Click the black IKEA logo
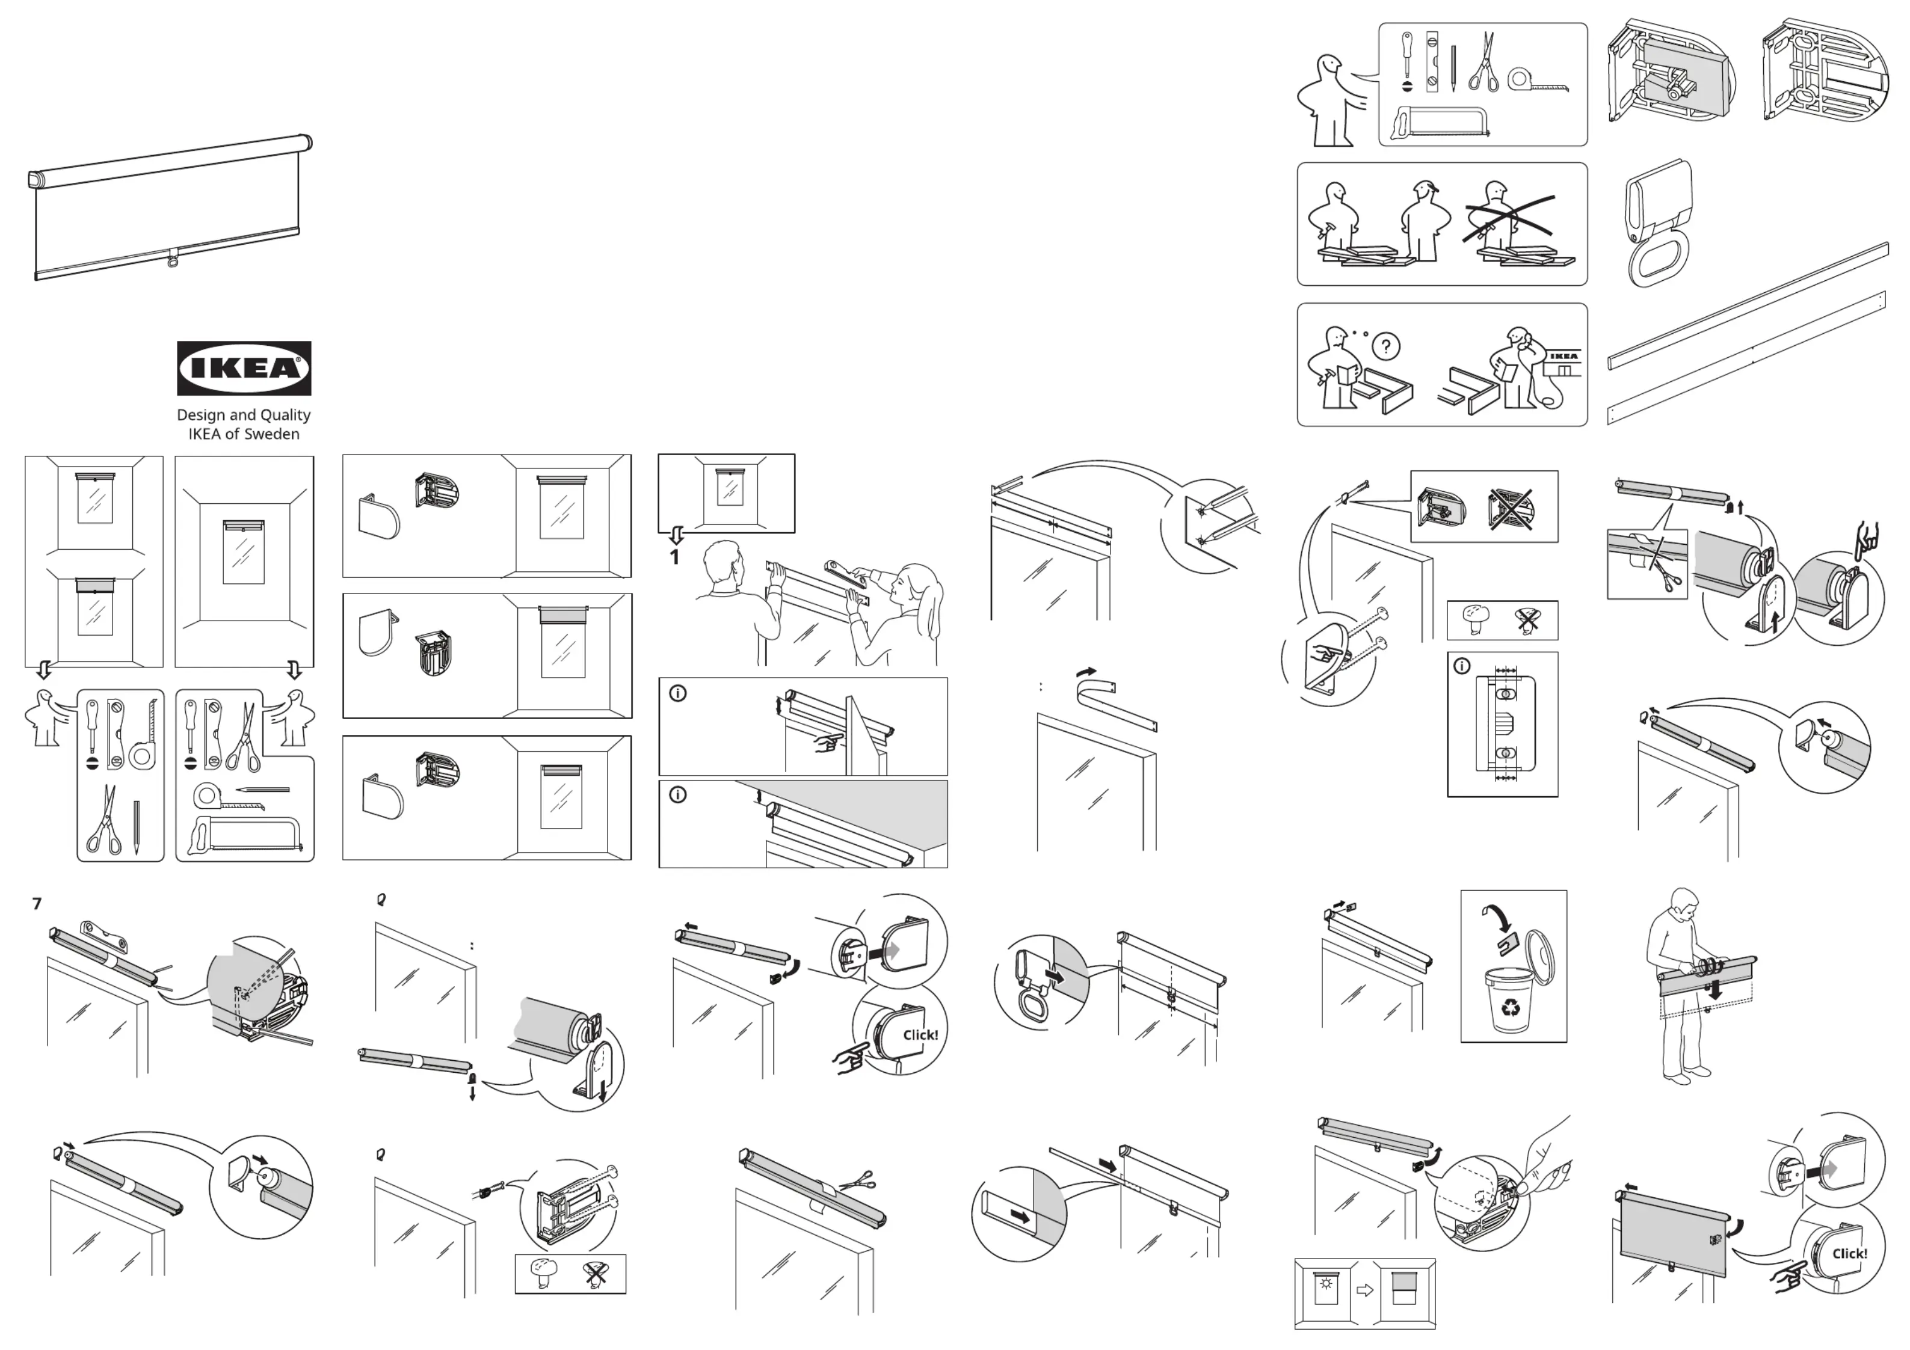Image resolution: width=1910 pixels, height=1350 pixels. (244, 367)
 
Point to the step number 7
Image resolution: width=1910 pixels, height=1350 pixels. (37, 903)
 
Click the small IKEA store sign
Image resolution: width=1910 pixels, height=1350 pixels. (1563, 357)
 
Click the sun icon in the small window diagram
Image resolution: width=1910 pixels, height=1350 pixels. (1326, 1283)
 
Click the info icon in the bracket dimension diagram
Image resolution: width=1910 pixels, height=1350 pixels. (1462, 666)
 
